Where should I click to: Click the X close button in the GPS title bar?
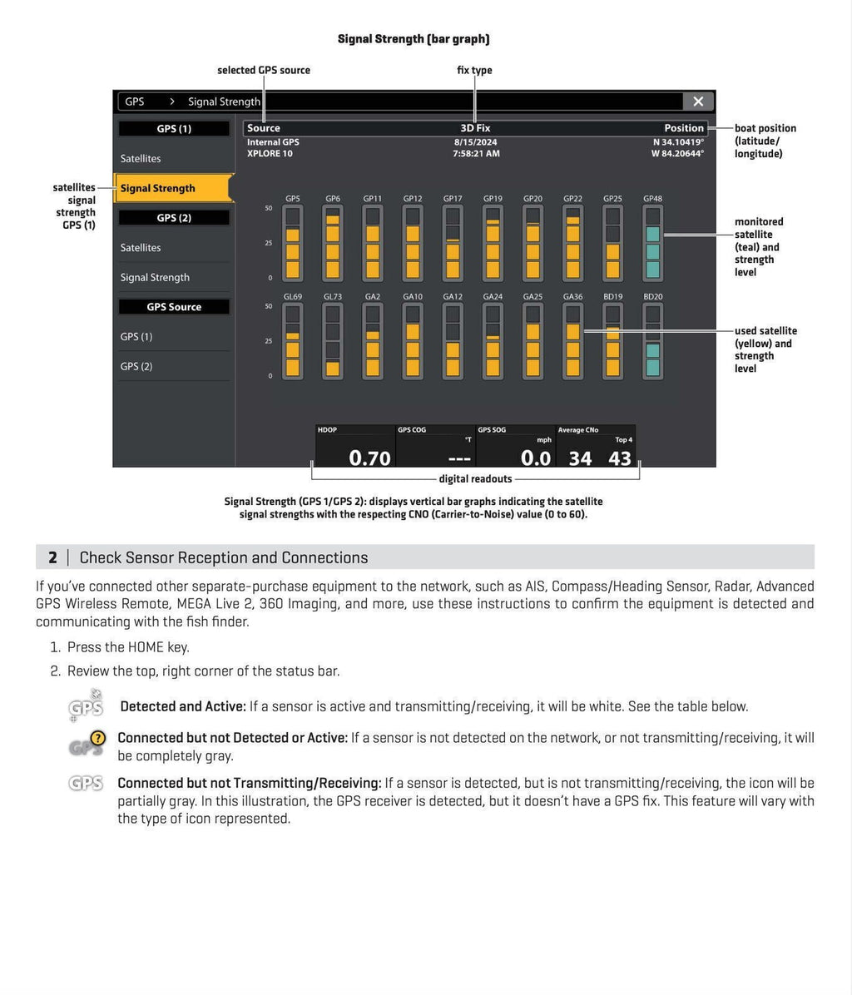click(697, 101)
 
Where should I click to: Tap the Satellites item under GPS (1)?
click(141, 158)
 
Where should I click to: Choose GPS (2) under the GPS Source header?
click(136, 366)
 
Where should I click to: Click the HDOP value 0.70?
click(369, 458)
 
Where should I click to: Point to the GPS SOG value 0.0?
click(536, 458)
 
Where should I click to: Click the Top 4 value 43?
click(620, 458)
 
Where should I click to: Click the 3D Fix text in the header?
click(475, 128)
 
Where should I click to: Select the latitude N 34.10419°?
click(677, 141)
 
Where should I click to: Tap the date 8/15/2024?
click(475, 141)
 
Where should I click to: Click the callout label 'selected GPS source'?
click(264, 71)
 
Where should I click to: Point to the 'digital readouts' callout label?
click(475, 479)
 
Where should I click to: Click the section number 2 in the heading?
click(52, 557)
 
